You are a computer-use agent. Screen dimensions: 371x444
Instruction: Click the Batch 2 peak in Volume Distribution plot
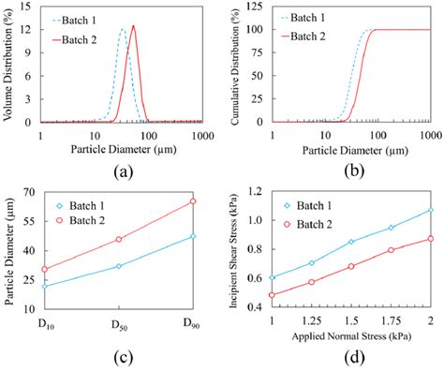coord(133,26)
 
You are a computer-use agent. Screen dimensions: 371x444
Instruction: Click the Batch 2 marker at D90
coord(193,201)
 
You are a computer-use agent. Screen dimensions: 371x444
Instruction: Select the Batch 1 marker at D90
coord(193,236)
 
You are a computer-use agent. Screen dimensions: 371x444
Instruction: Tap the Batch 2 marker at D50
coord(119,239)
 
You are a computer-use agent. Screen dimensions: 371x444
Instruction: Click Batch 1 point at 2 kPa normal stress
coord(431,211)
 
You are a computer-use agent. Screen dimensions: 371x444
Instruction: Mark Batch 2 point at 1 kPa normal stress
coord(273,295)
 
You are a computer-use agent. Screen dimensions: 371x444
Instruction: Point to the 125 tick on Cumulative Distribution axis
coord(258,7)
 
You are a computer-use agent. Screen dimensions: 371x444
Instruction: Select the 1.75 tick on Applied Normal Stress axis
coord(391,321)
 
